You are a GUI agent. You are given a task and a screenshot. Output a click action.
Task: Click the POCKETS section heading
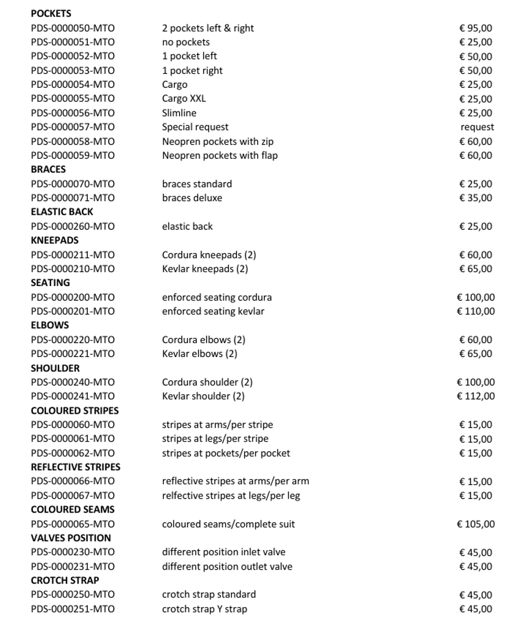(x=51, y=13)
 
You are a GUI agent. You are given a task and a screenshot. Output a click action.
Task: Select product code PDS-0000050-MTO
(x=73, y=28)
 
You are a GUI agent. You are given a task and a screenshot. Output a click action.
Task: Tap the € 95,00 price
(x=476, y=28)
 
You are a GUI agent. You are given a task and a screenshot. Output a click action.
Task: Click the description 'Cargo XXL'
(x=184, y=99)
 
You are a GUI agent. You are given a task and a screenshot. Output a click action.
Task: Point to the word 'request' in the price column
(x=477, y=127)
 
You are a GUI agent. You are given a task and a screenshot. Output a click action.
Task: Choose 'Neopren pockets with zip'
(x=218, y=142)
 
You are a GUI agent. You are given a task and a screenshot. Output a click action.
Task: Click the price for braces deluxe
(x=476, y=198)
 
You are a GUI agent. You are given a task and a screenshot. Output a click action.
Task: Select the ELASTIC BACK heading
(x=62, y=212)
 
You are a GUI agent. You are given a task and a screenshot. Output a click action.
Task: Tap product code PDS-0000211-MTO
(x=73, y=255)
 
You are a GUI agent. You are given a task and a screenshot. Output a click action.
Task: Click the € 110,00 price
(x=476, y=311)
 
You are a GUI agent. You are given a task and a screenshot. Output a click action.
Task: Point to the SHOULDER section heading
(x=55, y=368)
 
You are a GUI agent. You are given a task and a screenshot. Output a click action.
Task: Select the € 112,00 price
(x=476, y=396)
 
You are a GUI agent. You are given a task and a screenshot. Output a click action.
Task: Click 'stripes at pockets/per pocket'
(x=226, y=453)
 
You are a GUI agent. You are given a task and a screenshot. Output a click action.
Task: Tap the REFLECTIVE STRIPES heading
(x=76, y=467)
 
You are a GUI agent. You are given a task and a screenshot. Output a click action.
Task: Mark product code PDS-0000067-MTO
(x=73, y=496)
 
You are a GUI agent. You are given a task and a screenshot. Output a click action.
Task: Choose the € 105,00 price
(x=476, y=524)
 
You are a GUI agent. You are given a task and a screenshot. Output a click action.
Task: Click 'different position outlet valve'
(x=227, y=567)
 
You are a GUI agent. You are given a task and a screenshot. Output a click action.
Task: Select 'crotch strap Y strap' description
(x=204, y=609)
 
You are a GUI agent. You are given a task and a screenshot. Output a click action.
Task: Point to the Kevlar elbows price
(x=476, y=354)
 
